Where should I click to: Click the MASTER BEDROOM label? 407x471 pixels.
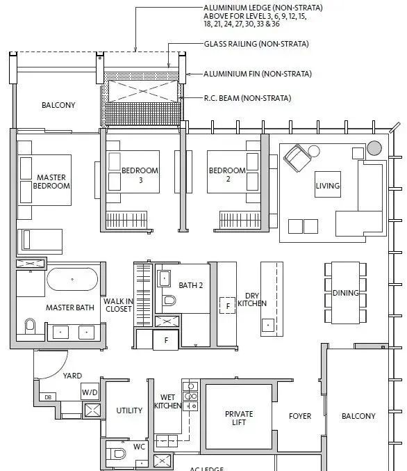tap(51, 182)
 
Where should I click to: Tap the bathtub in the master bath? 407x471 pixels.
tap(72, 279)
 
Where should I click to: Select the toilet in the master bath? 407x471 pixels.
tap(30, 326)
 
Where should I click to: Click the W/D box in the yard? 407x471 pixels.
tap(90, 392)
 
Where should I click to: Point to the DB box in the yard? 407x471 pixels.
tap(48, 397)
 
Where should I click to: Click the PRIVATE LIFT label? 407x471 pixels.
tap(239, 418)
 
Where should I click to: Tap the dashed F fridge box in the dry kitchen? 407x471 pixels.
tap(227, 305)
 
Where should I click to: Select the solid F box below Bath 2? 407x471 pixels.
tap(166, 340)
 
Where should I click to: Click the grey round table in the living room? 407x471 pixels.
tap(374, 148)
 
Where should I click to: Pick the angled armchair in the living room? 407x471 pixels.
tap(297, 158)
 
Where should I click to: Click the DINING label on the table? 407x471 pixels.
tap(345, 293)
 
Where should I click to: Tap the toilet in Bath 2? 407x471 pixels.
tap(169, 300)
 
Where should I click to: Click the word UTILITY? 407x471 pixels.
tap(129, 410)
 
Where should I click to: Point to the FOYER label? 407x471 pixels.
tap(300, 416)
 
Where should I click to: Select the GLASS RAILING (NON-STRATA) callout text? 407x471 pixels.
tap(256, 44)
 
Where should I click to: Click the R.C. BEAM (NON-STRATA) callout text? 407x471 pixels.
tap(247, 98)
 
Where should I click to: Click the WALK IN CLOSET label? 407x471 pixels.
tap(119, 305)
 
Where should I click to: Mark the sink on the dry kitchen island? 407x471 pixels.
tap(268, 325)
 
